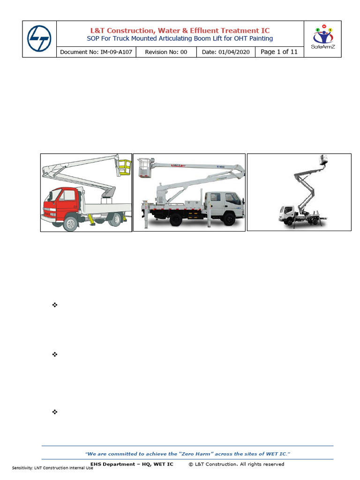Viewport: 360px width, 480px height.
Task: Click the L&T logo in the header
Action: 39,39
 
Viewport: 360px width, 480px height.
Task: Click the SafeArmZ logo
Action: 322,37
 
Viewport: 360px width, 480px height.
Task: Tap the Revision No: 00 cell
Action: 166,52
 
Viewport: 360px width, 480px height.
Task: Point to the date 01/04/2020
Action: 235,52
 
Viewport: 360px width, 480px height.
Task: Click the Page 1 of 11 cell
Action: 279,52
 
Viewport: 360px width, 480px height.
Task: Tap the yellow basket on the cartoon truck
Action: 124,166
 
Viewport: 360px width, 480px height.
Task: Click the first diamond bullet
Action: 54,305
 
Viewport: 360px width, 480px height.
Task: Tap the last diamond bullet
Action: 54,412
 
